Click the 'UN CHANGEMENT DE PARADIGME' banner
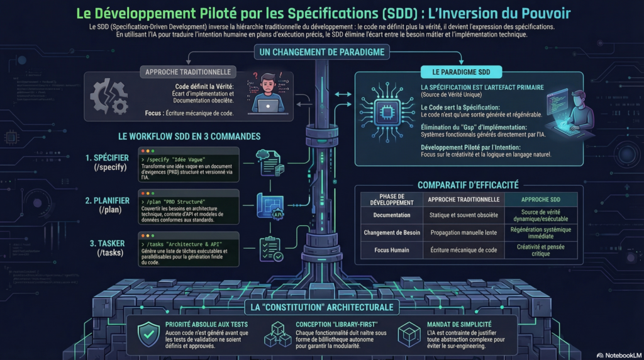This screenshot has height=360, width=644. [321, 52]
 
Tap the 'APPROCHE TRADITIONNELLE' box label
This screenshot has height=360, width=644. [188, 72]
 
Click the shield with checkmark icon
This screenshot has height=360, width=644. [148, 333]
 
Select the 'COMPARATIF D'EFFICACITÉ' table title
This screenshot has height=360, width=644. [468, 184]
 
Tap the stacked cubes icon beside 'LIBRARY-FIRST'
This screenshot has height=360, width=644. [277, 334]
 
